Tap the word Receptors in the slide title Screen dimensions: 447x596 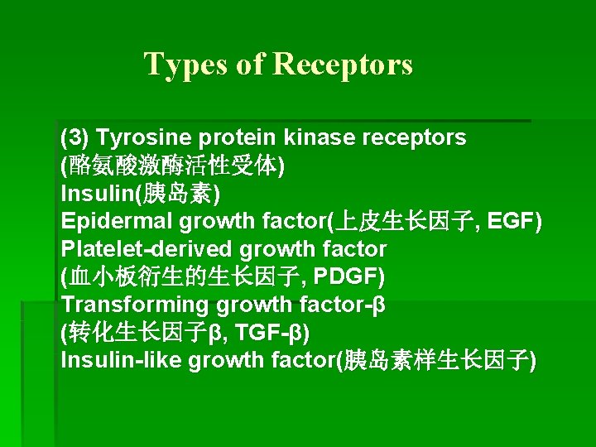[342, 64]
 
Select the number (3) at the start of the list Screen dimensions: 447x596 [74, 137]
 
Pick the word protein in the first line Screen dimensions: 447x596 [238, 137]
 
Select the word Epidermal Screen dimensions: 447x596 [117, 222]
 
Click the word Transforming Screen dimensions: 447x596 [135, 305]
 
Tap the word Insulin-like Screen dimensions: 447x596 [122, 361]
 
